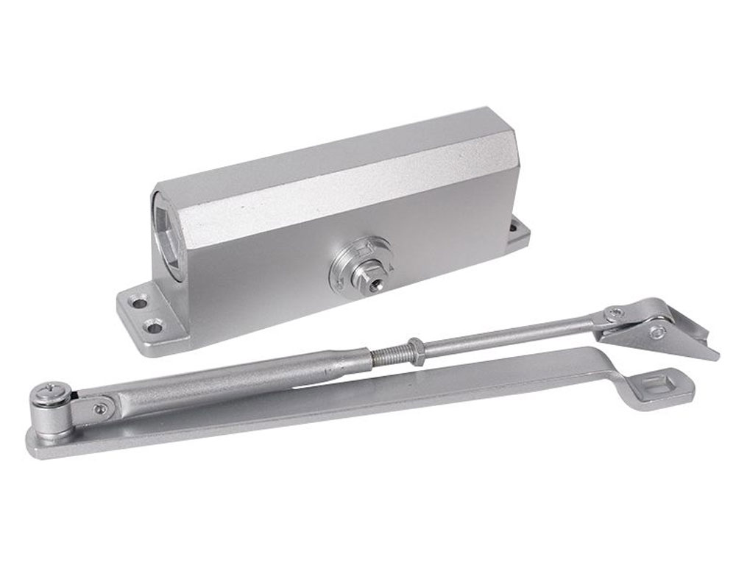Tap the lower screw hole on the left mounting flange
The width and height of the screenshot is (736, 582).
click(154, 324)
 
